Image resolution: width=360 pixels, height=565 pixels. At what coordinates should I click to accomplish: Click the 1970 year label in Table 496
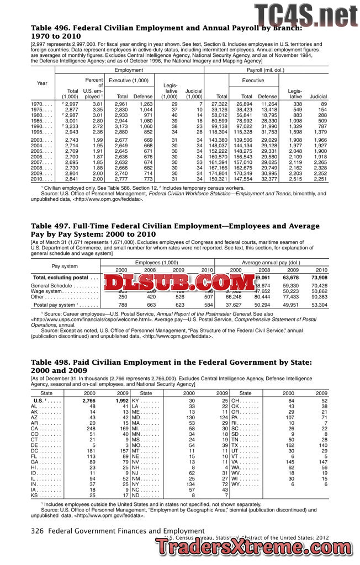38,104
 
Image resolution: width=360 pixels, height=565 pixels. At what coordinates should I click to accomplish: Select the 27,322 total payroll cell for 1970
219,104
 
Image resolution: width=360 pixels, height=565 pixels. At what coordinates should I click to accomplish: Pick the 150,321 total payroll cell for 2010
219,179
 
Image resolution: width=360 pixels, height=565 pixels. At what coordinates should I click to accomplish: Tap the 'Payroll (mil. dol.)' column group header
265,70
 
